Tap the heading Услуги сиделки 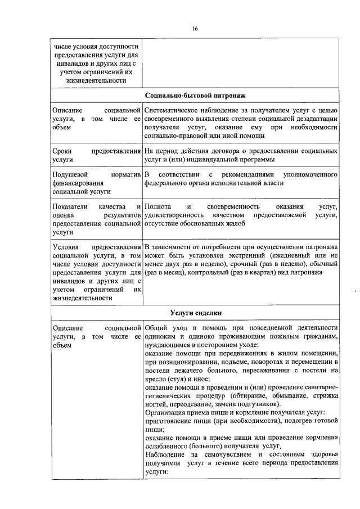tap(195, 313)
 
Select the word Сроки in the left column tap(61, 152)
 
